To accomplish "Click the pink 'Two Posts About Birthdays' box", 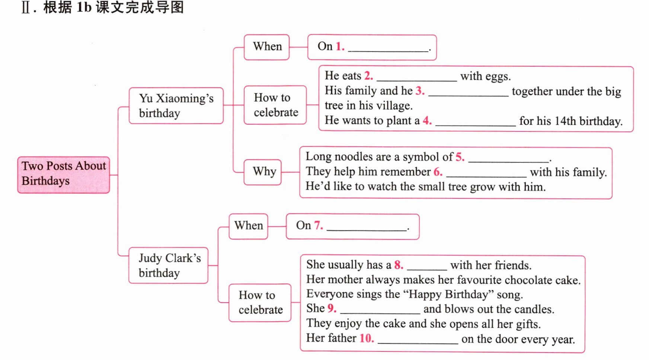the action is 64,175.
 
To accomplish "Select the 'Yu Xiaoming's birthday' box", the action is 176,105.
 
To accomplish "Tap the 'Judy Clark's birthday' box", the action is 168,265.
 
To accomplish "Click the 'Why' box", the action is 262,172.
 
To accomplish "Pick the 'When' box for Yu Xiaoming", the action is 266,47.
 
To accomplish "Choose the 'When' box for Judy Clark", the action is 248,226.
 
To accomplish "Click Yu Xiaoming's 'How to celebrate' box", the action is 275,105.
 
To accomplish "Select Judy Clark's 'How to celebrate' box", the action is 260,303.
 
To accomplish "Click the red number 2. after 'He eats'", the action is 368,76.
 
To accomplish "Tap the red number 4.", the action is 427,120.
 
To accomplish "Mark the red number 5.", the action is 460,157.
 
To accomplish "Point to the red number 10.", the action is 367,338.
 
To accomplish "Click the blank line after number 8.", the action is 427,269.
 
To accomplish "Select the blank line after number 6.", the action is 486,176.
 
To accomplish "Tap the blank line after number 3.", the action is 469,96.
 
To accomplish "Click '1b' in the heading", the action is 84,7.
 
